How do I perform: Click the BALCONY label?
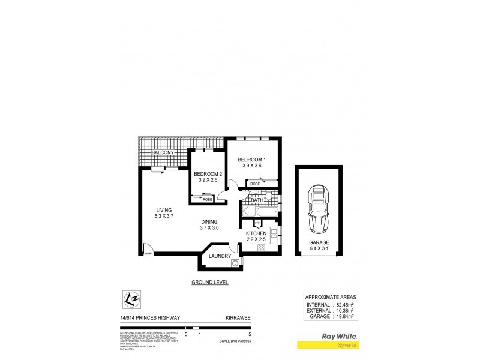coord(163,153)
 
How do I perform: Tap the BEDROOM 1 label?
coord(251,159)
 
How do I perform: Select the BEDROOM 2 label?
coord(207,174)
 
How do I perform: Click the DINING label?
coord(209,221)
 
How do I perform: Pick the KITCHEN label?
coord(256,233)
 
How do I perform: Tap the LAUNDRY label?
coord(220,256)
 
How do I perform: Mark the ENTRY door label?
coord(148,254)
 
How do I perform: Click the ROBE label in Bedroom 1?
coord(254,184)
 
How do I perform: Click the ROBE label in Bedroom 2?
coord(207,199)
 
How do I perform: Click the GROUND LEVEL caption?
coord(209,282)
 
